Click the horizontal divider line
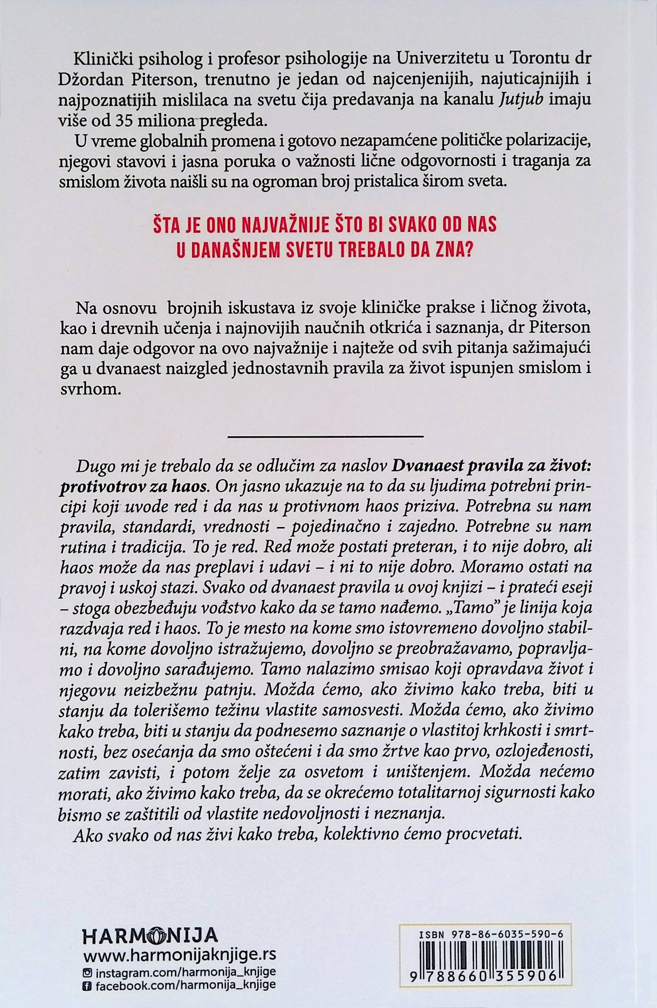click(x=325, y=436)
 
